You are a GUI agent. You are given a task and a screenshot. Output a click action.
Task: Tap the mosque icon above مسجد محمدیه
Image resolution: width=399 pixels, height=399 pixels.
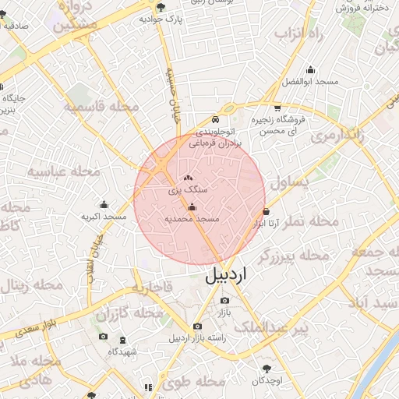[x=192, y=207]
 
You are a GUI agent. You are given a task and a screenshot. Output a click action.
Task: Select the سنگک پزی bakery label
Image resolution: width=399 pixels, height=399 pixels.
[x=188, y=189]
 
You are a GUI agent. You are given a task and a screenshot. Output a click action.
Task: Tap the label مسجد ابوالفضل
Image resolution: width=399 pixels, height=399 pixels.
[x=310, y=82]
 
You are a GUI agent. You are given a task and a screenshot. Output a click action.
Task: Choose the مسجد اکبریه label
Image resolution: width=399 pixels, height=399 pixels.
[x=104, y=216]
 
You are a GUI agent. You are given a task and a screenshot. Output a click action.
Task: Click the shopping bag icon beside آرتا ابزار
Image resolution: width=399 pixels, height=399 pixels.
[x=267, y=211]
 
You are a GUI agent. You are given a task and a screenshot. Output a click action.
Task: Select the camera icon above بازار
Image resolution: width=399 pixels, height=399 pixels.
[x=224, y=300]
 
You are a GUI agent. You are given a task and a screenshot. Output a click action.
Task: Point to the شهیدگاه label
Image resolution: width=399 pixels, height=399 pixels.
[x=122, y=352]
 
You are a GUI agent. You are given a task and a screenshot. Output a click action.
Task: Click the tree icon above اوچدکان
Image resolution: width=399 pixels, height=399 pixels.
[x=268, y=367]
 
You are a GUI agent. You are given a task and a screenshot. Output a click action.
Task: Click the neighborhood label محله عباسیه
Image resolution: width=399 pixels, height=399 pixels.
[x=64, y=171]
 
